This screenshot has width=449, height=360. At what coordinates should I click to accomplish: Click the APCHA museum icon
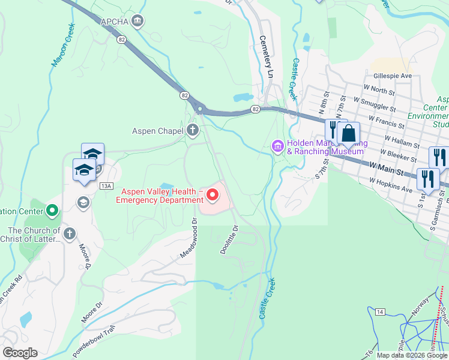click(x=139, y=22)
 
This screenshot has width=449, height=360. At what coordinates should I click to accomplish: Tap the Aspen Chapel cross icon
click(x=192, y=130)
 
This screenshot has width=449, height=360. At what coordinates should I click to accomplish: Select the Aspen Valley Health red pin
click(x=212, y=194)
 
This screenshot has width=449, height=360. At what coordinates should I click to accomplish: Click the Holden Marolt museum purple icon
click(x=277, y=146)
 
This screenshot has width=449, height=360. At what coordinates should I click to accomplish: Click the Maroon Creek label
click(x=63, y=44)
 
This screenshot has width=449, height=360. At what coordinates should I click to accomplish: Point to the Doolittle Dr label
click(x=229, y=239)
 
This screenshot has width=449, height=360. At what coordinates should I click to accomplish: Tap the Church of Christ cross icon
click(x=70, y=233)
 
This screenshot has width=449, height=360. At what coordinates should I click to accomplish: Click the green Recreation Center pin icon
click(x=52, y=211)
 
